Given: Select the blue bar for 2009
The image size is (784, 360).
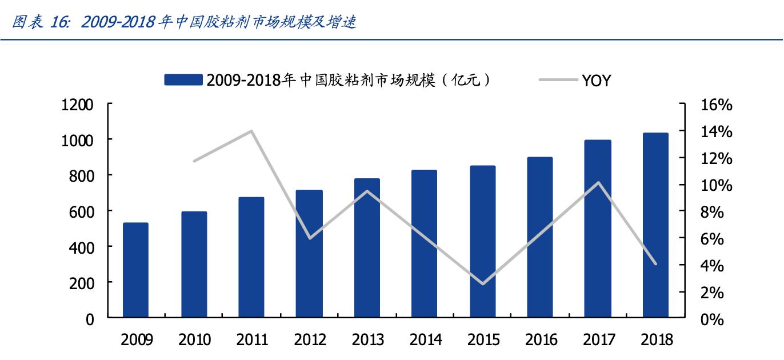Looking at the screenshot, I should point(135,270).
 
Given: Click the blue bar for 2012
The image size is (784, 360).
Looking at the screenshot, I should point(309,253).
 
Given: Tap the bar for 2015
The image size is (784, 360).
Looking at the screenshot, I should point(483,241).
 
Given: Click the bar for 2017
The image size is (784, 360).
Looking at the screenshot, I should point(598,229).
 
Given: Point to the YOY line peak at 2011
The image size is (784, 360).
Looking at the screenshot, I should point(251,131).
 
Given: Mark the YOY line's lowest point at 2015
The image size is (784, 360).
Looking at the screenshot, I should point(483,283).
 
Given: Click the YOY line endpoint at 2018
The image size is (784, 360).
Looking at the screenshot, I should point(655,264).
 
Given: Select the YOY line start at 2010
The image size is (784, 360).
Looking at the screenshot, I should point(194,161).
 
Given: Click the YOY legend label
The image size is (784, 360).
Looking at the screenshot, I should point(597,81).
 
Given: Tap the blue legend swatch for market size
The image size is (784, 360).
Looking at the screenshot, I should point(183,81).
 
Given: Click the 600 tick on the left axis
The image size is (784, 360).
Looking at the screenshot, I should point(83,211).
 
